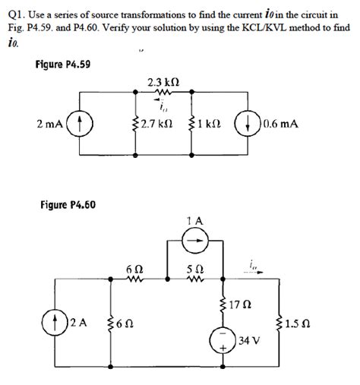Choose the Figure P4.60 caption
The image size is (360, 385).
click(67, 205)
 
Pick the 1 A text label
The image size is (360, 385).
click(194, 222)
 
